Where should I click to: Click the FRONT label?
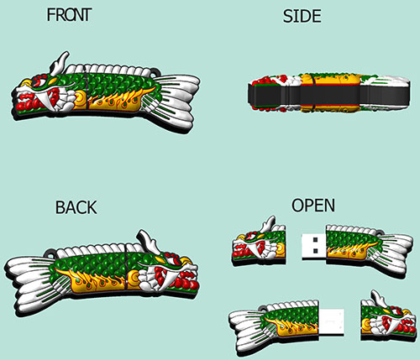coord(69,15)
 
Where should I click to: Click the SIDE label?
coord(302,17)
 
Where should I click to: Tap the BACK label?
coord(76,207)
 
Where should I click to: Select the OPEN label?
coord(313,206)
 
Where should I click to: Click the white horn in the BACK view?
coord(149,242)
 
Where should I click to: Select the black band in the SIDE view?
coord(329,95)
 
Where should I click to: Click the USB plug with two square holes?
coord(313,245)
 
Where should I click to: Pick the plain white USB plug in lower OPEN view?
coord(332,321)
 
